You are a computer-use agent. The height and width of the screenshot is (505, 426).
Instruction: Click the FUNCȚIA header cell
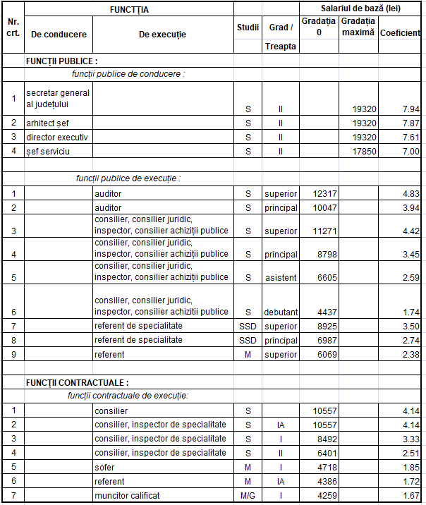[129, 10]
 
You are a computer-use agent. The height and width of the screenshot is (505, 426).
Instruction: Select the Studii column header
[248, 28]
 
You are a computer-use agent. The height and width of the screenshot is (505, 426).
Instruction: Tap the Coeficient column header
[400, 33]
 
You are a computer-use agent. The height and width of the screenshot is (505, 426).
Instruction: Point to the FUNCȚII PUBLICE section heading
[62, 61]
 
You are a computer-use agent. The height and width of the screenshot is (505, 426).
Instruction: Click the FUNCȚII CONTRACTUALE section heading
[78, 382]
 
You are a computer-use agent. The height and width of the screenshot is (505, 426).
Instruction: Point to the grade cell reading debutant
[281, 312]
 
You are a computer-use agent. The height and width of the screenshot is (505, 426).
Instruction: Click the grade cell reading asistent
[281, 277]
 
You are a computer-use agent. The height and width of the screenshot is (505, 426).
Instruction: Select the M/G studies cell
[248, 495]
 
